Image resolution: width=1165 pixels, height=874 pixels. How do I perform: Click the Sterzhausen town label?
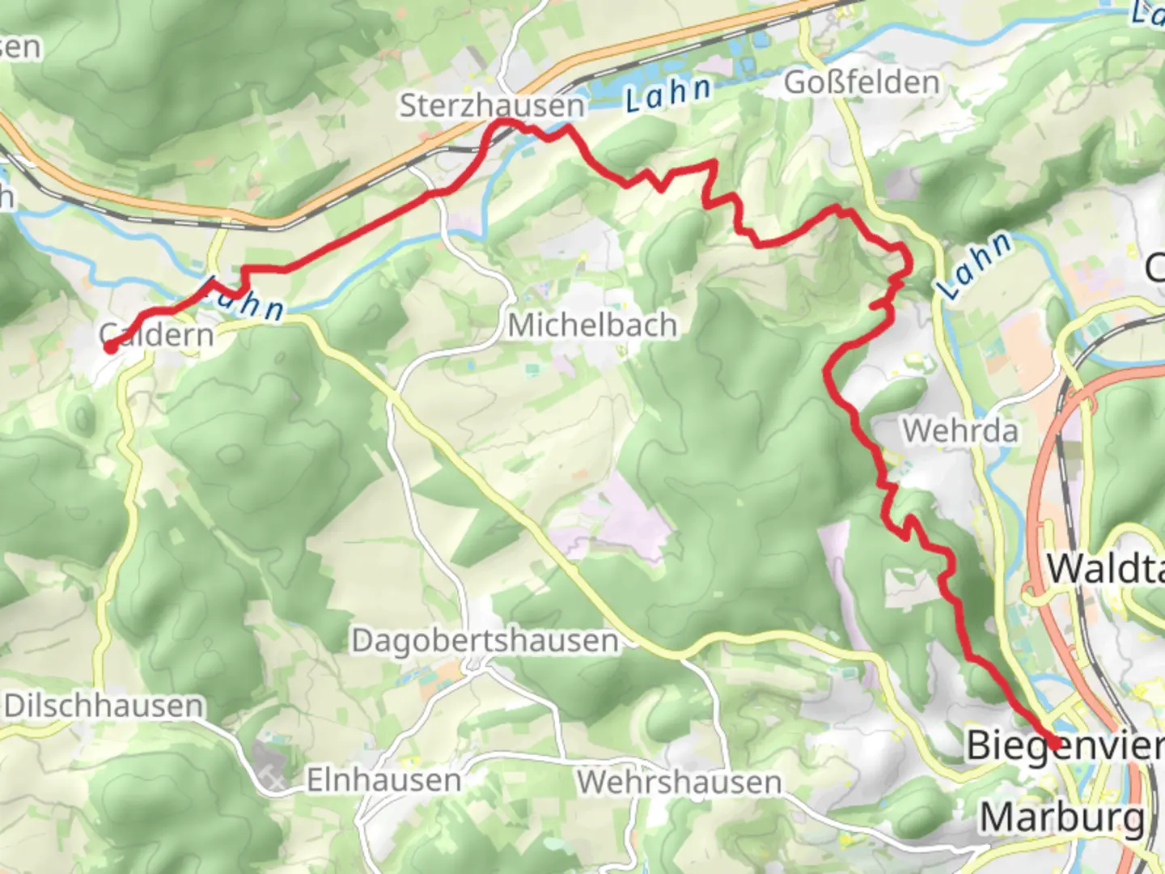point(491,105)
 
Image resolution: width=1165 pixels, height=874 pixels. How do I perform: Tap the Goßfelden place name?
point(862,82)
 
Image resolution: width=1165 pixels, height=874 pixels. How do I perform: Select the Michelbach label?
point(592,325)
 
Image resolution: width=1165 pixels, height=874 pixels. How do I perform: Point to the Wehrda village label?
point(960,431)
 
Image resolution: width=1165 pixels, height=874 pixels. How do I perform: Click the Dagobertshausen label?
point(485,641)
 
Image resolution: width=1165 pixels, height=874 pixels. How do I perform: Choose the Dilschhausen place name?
point(103,706)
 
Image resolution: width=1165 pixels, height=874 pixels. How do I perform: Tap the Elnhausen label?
point(383,780)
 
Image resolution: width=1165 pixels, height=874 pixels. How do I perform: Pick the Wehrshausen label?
point(679,783)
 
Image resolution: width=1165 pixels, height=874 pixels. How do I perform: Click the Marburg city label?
point(1061,818)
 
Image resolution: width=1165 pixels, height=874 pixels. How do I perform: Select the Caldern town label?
point(157,334)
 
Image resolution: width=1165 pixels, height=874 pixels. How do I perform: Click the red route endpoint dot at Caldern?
point(110,347)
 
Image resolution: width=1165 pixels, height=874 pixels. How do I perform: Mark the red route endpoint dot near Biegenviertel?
point(1055,744)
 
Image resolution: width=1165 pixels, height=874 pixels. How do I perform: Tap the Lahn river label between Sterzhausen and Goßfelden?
point(668,94)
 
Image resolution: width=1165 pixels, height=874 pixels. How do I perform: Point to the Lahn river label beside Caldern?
point(243,299)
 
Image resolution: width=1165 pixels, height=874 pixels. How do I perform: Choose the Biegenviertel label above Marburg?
point(1065,745)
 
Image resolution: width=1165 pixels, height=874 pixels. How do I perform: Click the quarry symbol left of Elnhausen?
point(273,779)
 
